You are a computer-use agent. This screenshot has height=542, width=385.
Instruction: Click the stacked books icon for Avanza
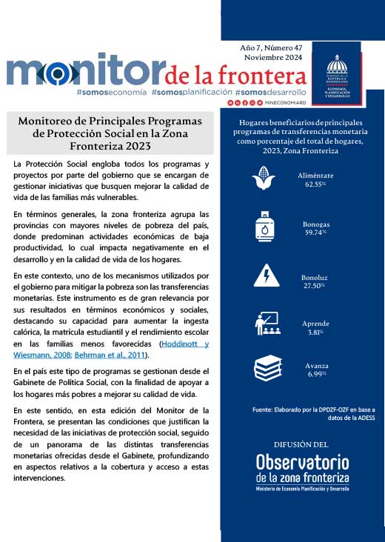pos(267,368)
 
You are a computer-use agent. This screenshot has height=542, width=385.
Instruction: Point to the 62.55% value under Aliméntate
pos(315,184)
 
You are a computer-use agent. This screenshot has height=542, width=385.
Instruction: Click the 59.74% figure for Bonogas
pos(315,232)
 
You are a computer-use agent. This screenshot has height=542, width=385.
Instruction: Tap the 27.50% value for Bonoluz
pos(315,285)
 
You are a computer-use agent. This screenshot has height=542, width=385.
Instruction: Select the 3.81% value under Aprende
pos(315,332)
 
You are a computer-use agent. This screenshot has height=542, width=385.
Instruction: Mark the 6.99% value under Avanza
pos(315,374)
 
